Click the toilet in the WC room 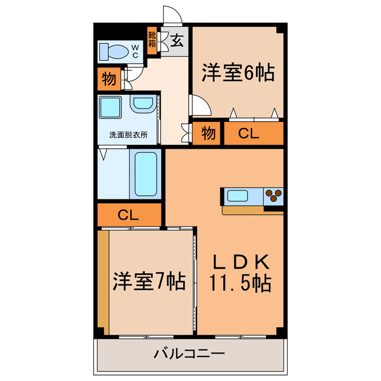tap(115, 52)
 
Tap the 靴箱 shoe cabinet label tap(152, 40)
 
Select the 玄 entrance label tap(177, 41)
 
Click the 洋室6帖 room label tap(237, 74)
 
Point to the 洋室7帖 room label tap(149, 280)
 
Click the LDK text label tap(240, 262)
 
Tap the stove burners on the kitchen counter tap(274, 195)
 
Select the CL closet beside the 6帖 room tap(249, 133)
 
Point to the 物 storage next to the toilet tap(108, 79)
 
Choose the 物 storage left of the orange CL tap(207, 133)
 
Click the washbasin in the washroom tap(143, 105)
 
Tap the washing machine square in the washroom tap(111, 108)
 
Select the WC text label tap(135, 51)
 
